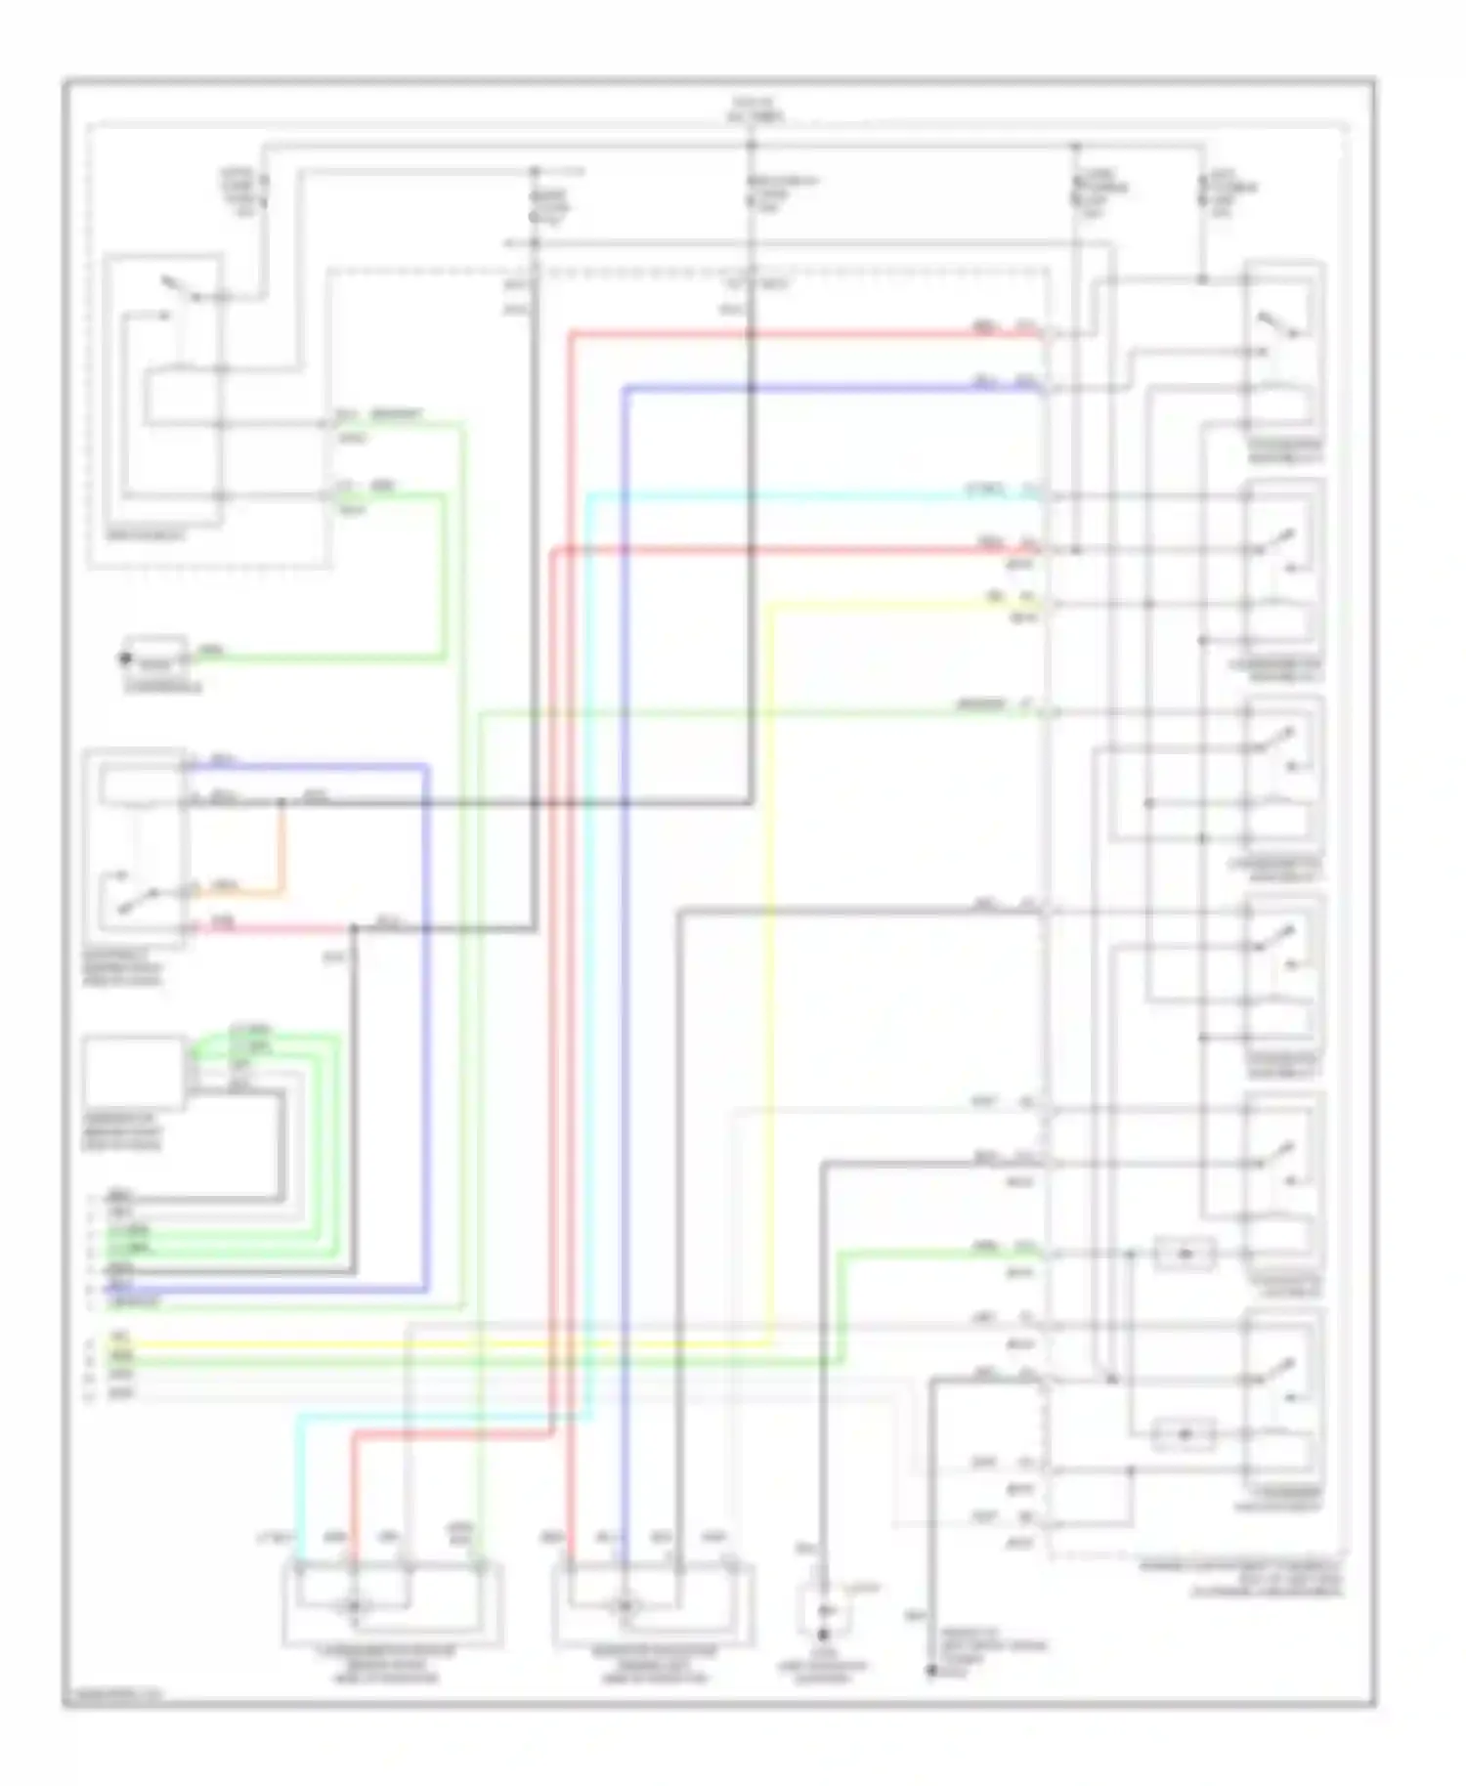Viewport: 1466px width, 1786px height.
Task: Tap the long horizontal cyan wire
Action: tap(811, 496)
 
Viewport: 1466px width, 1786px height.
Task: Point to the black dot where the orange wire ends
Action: tap(282, 803)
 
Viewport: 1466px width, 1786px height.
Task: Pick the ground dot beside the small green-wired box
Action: tap(125, 659)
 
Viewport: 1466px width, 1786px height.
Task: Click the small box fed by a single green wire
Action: tap(156, 657)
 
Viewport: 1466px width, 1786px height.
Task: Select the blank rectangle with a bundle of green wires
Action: tap(134, 1072)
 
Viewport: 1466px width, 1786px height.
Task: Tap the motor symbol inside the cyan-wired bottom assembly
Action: tap(354, 1605)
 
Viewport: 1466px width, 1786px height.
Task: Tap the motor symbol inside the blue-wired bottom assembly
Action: tap(624, 1605)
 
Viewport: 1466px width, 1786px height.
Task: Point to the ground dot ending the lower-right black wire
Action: tap(931, 1671)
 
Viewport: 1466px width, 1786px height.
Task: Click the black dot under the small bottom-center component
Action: tap(823, 1634)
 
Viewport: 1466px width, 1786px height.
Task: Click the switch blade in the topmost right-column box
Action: tap(1275, 324)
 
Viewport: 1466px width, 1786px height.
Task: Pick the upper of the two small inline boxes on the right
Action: tap(1185, 1254)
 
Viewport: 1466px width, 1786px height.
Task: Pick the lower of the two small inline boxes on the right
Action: tap(1185, 1434)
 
